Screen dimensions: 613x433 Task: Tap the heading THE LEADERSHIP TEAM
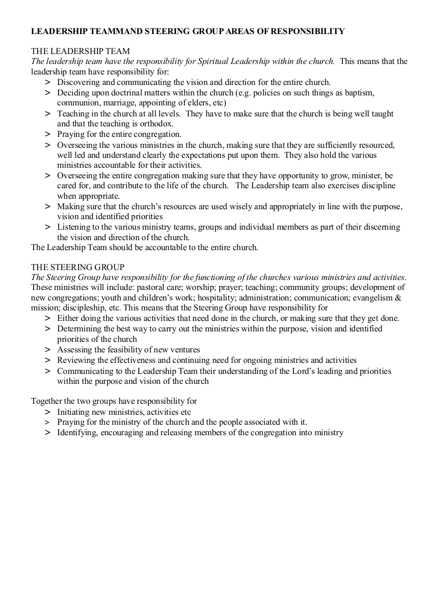[81, 51]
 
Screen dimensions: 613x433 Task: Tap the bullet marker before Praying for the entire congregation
[48, 134]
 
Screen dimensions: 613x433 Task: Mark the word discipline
[377, 186]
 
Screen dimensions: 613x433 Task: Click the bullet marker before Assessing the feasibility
[48, 349]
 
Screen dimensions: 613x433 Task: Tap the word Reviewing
[75, 360]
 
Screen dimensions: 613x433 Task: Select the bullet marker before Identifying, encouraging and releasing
[48, 433]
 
